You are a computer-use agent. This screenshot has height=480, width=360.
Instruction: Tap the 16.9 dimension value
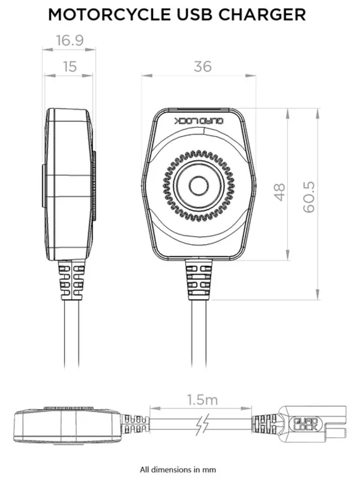tap(69, 41)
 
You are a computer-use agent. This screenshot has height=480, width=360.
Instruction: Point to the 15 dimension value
tap(70, 67)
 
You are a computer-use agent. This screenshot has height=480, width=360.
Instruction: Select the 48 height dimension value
tap(279, 192)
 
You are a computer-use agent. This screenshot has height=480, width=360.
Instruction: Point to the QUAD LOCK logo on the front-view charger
tap(199, 121)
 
